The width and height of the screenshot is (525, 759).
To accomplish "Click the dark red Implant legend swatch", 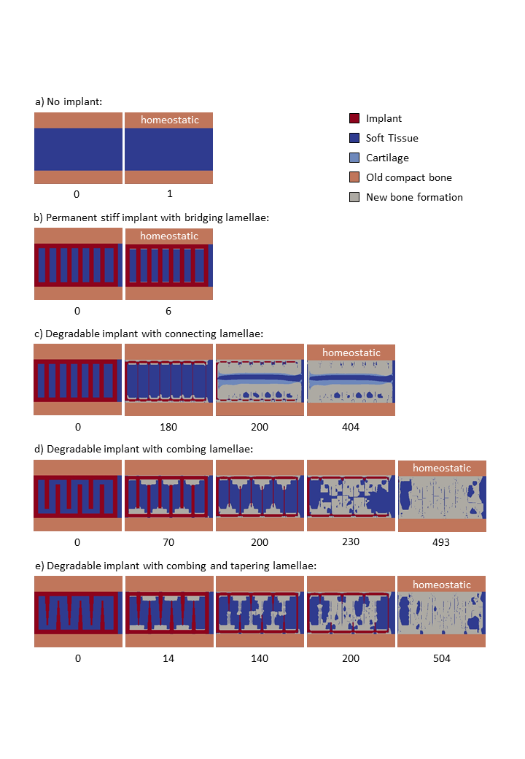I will [354, 118].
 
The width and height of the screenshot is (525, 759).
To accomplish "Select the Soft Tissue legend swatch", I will [354, 138].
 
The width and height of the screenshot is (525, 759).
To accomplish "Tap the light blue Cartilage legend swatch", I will [354, 158].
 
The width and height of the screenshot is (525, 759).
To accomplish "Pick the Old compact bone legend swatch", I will [354, 177].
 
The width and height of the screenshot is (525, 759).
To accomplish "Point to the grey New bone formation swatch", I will [354, 197].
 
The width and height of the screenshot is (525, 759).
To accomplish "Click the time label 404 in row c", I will [351, 427].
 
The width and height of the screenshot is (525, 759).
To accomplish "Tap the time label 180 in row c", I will [168, 427].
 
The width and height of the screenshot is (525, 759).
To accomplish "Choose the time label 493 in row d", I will [441, 542].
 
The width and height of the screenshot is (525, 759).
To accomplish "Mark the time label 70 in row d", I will [168, 542].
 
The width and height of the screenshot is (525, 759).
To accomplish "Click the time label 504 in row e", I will [441, 658].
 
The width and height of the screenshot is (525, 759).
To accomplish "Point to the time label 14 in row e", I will [168, 658].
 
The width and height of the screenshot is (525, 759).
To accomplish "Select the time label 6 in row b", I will [168, 311].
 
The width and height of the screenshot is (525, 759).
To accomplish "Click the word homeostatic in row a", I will [169, 120].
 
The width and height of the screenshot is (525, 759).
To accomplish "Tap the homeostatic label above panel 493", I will [442, 468].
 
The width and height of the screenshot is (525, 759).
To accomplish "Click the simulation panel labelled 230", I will [351, 496].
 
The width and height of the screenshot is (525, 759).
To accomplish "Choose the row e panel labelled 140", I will [260, 612].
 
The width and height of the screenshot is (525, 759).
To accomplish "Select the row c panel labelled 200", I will [260, 380].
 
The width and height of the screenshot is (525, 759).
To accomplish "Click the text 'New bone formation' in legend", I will [414, 197].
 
